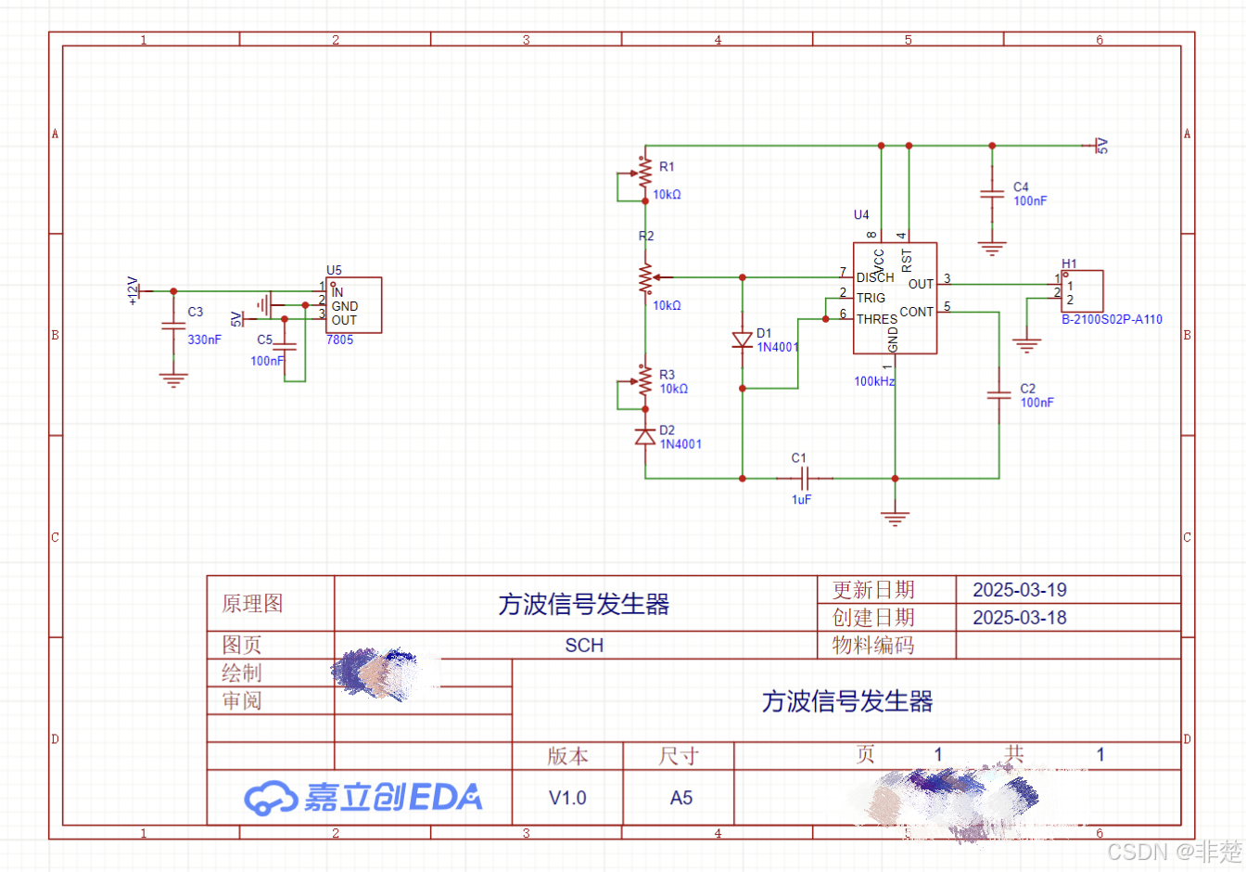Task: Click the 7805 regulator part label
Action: coord(339,340)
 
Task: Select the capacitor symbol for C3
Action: coord(173,326)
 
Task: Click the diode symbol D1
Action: coord(742,340)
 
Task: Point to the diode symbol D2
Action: coord(645,436)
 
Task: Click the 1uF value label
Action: coord(801,499)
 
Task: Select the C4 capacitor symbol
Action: coord(992,194)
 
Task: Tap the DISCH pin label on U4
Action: coord(874,277)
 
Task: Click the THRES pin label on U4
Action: coord(876,318)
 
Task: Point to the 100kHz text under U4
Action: coord(874,381)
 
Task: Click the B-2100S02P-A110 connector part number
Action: coord(1112,319)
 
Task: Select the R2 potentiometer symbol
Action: coord(646,277)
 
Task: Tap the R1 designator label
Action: coord(667,167)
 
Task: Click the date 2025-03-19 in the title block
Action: coord(1019,590)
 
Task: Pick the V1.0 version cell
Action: coord(567,798)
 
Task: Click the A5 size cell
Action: coord(681,798)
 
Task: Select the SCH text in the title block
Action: coord(584,646)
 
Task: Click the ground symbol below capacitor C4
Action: coord(992,248)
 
